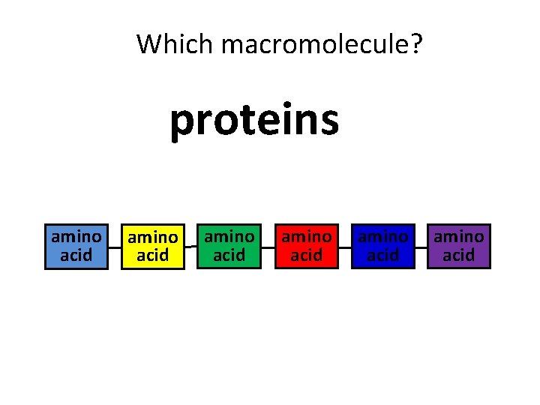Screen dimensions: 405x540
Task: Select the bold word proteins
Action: tap(254, 120)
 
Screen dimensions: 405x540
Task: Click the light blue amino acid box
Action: tap(76, 246)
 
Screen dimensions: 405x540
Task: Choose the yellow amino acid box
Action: tap(153, 246)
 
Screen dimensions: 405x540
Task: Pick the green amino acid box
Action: tap(229, 246)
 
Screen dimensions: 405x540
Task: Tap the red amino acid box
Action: tap(306, 246)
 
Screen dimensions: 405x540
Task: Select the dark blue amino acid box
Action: tap(382, 246)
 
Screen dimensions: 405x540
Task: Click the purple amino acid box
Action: tap(459, 246)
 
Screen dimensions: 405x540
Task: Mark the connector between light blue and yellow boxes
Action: tap(115, 246)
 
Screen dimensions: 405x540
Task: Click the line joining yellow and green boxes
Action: tap(191, 245)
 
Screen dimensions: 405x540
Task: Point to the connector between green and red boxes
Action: tap(268, 246)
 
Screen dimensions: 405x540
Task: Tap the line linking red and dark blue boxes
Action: tap(344, 246)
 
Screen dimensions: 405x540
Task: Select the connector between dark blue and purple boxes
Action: tap(421, 246)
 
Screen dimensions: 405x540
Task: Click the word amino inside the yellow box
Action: tap(153, 238)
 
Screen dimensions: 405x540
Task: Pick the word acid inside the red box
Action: tap(306, 256)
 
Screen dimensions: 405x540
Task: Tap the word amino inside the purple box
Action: tap(459, 237)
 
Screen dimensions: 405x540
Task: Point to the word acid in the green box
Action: tap(229, 256)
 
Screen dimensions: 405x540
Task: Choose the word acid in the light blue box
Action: tap(76, 256)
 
